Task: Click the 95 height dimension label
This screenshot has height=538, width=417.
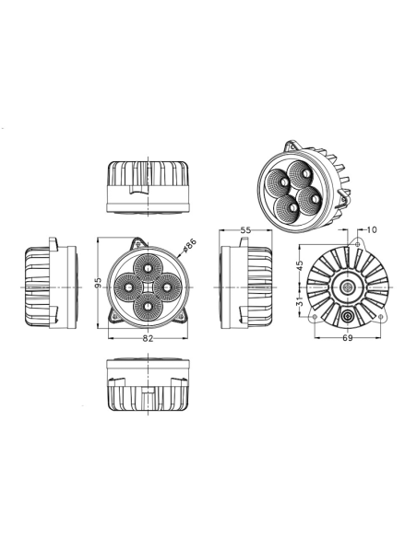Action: [99, 283]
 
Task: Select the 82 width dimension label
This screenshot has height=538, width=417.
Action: [148, 339]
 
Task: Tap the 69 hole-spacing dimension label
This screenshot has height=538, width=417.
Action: [348, 339]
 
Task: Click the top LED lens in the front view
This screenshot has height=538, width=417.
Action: [148, 267]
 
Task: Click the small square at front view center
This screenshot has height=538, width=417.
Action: [148, 287]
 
